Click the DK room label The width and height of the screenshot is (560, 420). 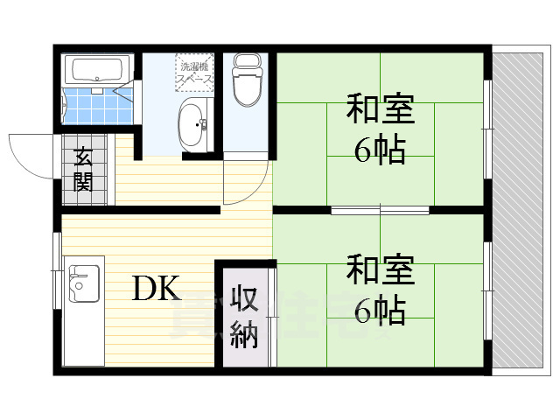point(157,288)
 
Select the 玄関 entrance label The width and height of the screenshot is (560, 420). point(84,170)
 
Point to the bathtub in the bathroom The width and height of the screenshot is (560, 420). point(98,69)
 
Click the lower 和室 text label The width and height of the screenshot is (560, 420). point(380,266)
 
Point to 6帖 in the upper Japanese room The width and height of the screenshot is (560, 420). point(380,150)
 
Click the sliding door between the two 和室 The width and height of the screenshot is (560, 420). point(380,210)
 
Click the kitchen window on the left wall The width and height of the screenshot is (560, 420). point(57,280)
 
